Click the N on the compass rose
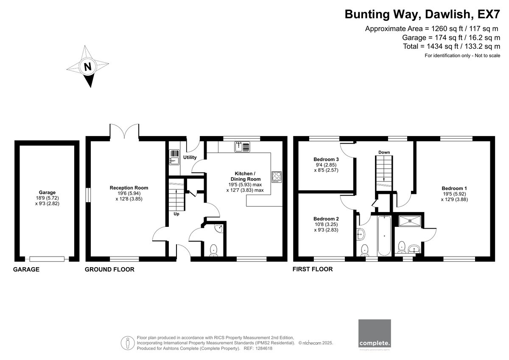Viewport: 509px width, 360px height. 88,67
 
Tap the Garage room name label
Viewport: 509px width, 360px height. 47,193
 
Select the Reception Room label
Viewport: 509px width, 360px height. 129,188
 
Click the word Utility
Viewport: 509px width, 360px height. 190,157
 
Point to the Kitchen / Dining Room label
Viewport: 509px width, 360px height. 245,176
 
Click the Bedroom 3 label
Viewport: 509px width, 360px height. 326,159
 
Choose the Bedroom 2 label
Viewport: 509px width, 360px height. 326,219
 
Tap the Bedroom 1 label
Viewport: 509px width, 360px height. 454,188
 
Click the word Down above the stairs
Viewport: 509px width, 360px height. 384,152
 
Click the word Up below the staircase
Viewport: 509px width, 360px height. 176,214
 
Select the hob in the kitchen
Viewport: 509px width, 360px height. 277,177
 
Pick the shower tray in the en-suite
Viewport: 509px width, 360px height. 410,221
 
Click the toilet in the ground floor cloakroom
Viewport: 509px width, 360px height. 214,250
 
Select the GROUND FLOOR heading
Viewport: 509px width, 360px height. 109,269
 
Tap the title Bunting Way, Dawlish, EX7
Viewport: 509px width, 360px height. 422,14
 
